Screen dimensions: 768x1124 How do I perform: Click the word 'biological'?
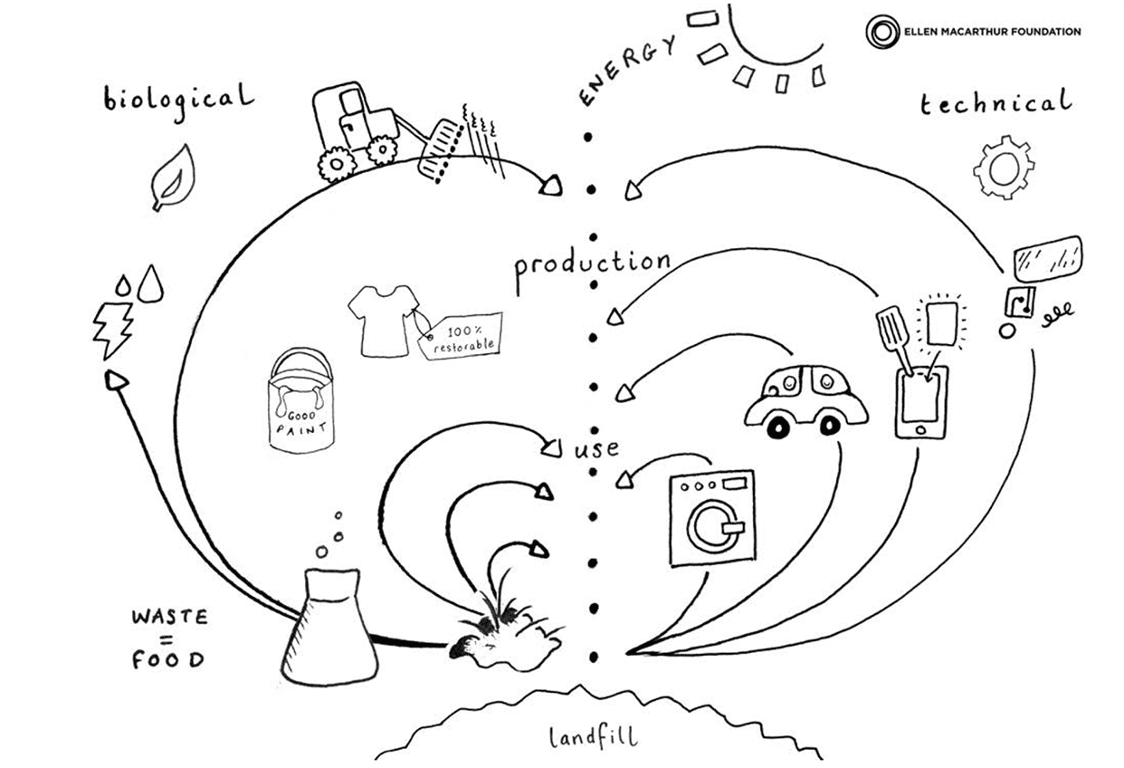(177, 98)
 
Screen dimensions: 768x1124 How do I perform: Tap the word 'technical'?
(995, 103)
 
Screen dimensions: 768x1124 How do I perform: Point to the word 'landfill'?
(593, 735)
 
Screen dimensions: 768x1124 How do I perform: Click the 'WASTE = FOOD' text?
(169, 638)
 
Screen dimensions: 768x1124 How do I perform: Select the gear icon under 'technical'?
(1003, 168)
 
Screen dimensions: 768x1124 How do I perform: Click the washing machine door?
(711, 524)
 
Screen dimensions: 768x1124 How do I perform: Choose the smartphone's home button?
(922, 428)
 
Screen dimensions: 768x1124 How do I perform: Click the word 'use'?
(598, 448)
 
